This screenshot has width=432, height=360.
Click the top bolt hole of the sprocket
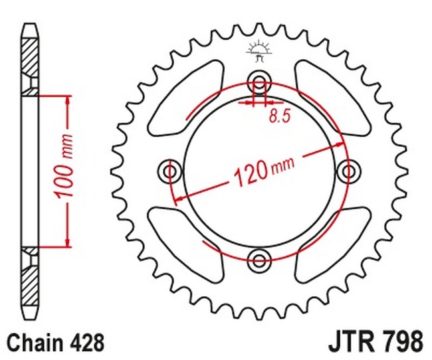pyautogui.click(x=259, y=82)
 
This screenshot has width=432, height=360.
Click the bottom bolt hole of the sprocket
pyautogui.click(x=259, y=260)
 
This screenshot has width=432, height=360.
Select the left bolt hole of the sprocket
pyautogui.click(x=170, y=171)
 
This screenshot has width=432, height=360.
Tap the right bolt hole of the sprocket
pyautogui.click(x=348, y=171)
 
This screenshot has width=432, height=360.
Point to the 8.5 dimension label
pyautogui.click(x=280, y=116)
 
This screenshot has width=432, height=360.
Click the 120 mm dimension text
pyautogui.click(x=264, y=172)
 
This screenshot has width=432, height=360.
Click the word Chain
pyautogui.click(x=35, y=343)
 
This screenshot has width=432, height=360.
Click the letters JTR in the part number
pyautogui.click(x=348, y=342)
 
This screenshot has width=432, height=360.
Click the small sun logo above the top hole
pyautogui.click(x=259, y=52)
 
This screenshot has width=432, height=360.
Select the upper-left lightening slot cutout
pyautogui.click(x=186, y=98)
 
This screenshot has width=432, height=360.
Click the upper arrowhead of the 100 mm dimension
pyautogui.click(x=67, y=101)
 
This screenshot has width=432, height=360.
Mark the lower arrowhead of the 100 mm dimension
pyautogui.click(x=67, y=242)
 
